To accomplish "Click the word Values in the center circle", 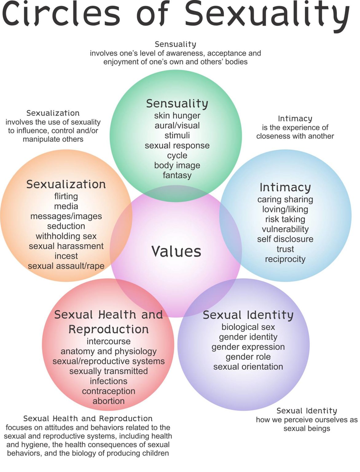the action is (176, 251).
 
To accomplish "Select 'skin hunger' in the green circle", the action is (177, 116).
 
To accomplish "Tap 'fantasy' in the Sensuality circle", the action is (177, 175).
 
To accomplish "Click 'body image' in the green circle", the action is (177, 165).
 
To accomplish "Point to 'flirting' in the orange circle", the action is (66, 196).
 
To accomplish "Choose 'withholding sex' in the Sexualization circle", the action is (66, 236).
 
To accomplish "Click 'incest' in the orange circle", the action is (66, 256).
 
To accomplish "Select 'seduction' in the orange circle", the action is (66, 226).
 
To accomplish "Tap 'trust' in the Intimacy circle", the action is (285, 249).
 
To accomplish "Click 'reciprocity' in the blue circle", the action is (285, 259).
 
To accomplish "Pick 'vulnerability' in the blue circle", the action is (285, 229).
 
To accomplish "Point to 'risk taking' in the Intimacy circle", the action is (285, 219).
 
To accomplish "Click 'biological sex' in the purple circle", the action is (248, 327).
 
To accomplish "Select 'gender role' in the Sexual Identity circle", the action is (248, 357).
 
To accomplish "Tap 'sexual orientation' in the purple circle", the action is (248, 367).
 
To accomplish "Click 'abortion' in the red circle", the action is (108, 401).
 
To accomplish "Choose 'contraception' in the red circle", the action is (108, 391).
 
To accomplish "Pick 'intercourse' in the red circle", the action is (108, 341).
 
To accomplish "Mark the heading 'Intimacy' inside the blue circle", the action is (285, 187).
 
